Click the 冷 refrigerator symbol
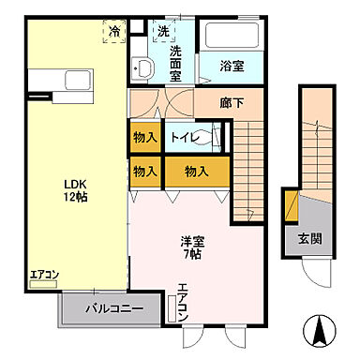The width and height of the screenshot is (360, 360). pos(114,32)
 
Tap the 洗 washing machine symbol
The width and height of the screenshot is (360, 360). pos(163,31)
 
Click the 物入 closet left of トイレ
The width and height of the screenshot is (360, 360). pos(145,137)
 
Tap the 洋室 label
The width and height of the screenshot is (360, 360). pos(192,241)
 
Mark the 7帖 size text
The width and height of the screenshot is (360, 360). pos(193,255)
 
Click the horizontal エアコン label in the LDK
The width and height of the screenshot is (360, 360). pos(44,276)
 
